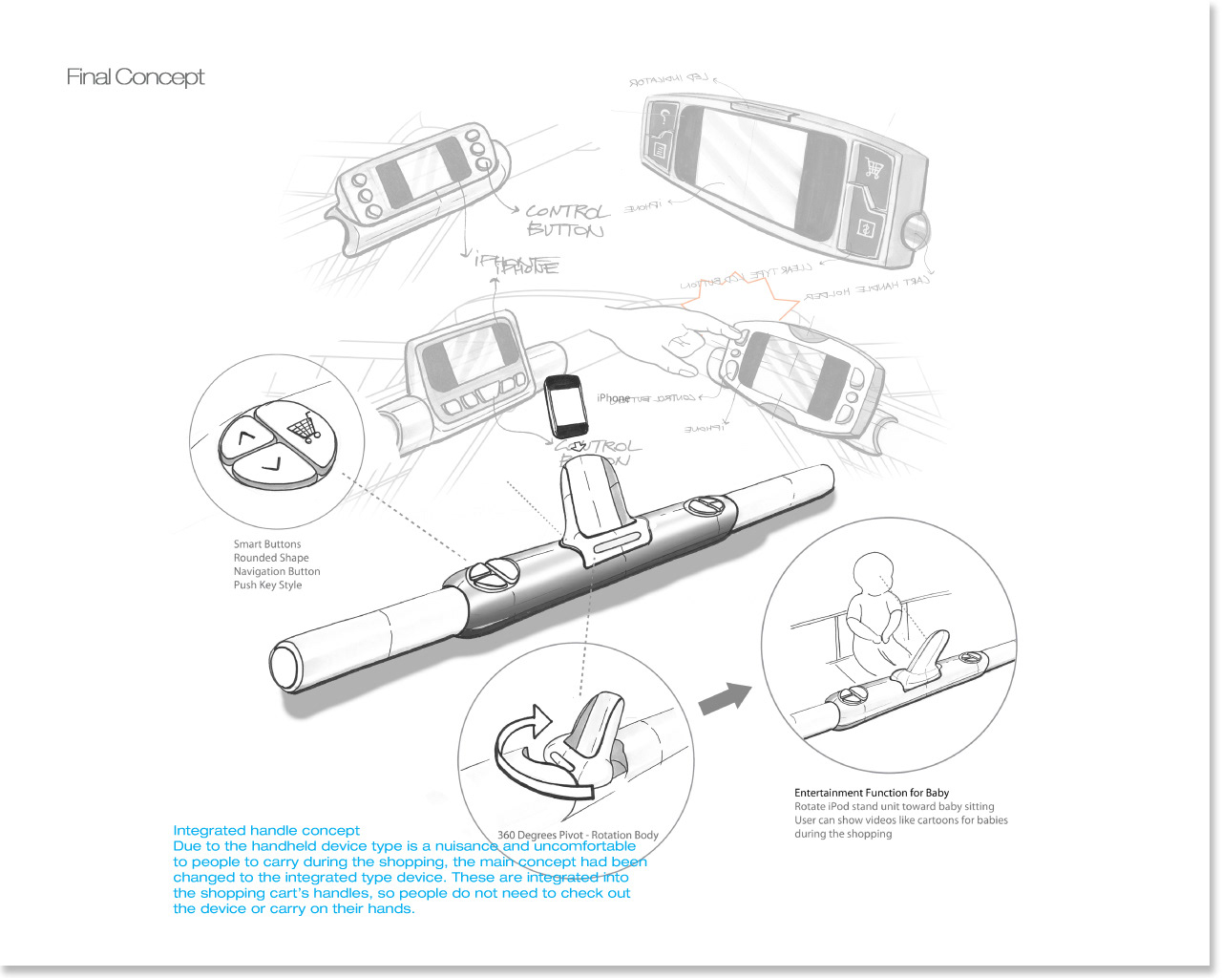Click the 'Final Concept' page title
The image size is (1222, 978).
[x=135, y=77]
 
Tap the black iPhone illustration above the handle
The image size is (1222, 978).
[x=565, y=406]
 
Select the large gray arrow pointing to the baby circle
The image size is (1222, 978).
[x=725, y=698]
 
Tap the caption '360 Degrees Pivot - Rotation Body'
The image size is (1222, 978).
[x=578, y=835]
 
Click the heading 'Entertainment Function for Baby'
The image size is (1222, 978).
[x=872, y=793]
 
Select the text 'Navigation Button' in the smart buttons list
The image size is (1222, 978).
[x=277, y=571]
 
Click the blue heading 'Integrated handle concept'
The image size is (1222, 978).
[x=266, y=831]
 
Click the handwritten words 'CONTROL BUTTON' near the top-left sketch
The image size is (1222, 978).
[x=566, y=221]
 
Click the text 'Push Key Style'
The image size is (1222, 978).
[x=267, y=585]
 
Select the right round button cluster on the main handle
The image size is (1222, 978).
[x=707, y=505]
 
